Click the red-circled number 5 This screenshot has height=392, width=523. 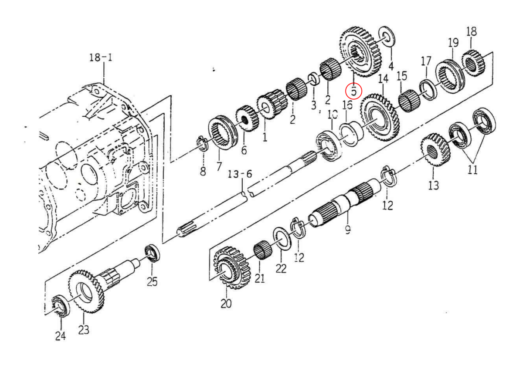tap(353, 91)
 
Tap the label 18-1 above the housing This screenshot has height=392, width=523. tap(101, 57)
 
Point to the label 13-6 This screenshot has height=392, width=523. tap(240, 174)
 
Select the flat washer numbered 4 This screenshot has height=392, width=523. tap(386, 37)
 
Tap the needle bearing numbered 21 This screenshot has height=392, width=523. tap(263, 250)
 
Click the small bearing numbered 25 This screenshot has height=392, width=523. tap(152, 253)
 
